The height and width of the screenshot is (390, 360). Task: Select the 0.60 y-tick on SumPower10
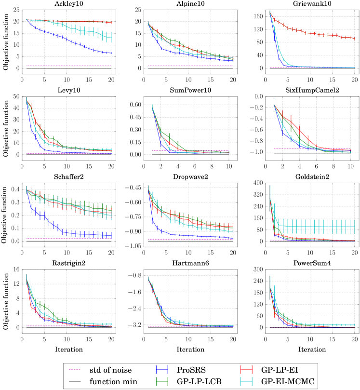click(135, 105)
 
